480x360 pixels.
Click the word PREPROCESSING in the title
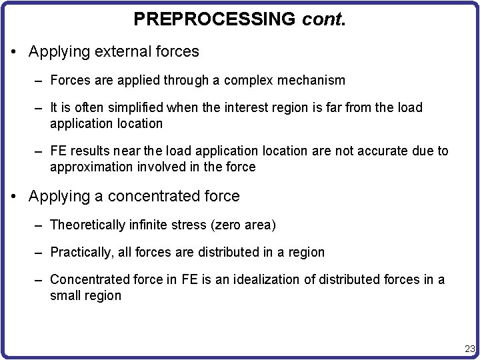[x=214, y=19]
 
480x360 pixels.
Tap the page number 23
[x=469, y=348]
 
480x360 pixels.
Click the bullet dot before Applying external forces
[x=15, y=51]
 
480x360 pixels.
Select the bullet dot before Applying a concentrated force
[x=15, y=197]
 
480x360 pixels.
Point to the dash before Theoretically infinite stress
[x=39, y=225]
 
